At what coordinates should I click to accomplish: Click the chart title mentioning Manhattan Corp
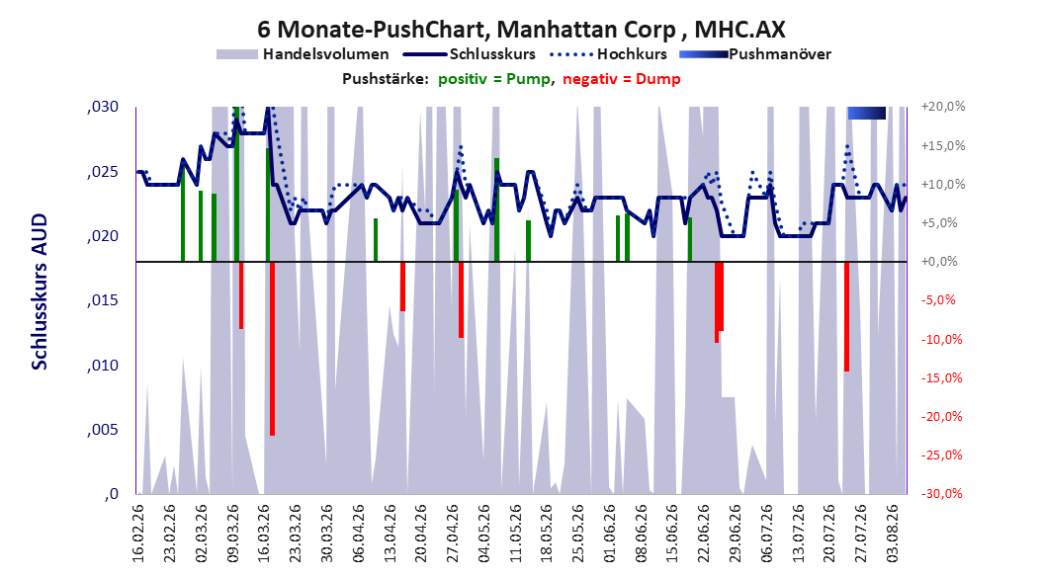pyautogui.click(x=521, y=30)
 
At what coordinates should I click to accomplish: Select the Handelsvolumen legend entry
pyautogui.click(x=304, y=54)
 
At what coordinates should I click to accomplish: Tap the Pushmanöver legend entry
pyautogui.click(x=755, y=54)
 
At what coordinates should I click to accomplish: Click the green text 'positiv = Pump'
pyautogui.click(x=493, y=79)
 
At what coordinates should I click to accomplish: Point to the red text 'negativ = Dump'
pyautogui.click(x=622, y=79)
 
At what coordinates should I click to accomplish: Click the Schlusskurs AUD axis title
pyautogui.click(x=40, y=291)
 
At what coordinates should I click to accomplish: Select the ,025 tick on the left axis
pyautogui.click(x=103, y=172)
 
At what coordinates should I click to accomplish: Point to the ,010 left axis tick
pyautogui.click(x=103, y=366)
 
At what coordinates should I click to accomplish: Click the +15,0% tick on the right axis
pyautogui.click(x=943, y=145)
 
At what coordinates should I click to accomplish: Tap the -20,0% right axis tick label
pyautogui.click(x=943, y=416)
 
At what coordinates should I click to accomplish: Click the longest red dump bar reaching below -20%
pyautogui.click(x=273, y=349)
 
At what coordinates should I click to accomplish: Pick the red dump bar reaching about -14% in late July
pyautogui.click(x=846, y=317)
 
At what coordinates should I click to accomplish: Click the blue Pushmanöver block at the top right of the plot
pyautogui.click(x=867, y=113)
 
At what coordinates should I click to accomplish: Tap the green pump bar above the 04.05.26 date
pyautogui.click(x=496, y=209)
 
